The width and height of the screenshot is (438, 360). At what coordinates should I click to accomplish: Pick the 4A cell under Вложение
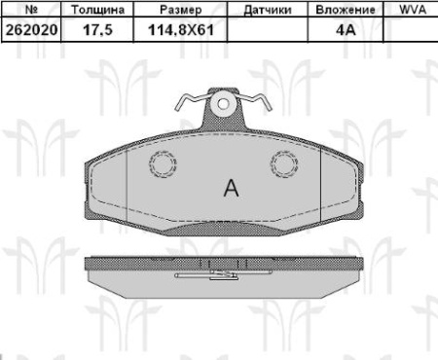pyautogui.click(x=346, y=29)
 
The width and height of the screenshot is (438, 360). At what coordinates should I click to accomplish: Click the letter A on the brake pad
pyautogui.click(x=231, y=187)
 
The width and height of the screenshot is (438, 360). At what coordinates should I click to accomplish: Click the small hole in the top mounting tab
pyautogui.click(x=225, y=100)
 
